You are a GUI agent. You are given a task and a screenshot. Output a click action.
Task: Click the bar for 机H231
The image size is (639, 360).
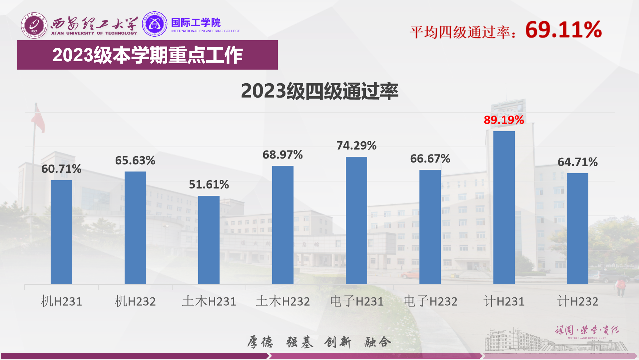tap(61, 232)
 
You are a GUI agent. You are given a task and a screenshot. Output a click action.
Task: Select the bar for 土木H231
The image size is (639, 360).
tap(209, 240)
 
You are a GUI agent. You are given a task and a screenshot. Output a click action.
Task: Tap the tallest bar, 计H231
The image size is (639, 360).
tap(504, 207)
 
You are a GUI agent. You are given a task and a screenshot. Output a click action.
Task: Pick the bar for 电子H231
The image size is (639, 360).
tap(356, 220)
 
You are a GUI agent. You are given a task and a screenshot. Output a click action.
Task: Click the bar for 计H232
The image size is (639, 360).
tap(577, 228)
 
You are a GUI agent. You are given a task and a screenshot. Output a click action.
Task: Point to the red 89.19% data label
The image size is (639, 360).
tap(504, 120)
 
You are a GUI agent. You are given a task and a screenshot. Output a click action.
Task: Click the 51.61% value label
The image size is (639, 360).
tap(209, 184)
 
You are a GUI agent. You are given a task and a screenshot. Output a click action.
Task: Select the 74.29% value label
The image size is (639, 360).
tap(356, 146)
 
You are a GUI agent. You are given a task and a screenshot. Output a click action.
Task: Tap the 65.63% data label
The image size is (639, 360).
tap(135, 161)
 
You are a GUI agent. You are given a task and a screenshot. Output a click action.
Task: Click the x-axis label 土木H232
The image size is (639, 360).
tap(283, 301)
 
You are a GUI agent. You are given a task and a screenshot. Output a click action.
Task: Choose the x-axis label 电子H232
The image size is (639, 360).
tap(430, 301)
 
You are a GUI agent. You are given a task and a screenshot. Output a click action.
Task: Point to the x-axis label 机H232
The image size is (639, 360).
tap(135, 301)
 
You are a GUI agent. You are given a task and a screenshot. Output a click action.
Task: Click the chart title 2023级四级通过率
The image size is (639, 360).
tap(319, 91)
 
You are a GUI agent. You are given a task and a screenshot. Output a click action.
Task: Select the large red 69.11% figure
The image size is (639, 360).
tap(563, 30)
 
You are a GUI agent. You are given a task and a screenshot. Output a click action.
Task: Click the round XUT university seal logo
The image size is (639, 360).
tap(34, 25)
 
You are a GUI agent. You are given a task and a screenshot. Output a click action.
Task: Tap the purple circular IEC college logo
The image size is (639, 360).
tap(155, 24)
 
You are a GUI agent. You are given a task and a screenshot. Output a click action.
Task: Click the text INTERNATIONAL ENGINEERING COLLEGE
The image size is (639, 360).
tap(206, 31)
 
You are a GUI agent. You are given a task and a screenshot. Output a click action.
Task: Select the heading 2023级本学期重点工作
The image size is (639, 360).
tap(147, 55)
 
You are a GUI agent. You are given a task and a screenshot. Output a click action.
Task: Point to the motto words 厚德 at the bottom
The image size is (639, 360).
tap(260, 342)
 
